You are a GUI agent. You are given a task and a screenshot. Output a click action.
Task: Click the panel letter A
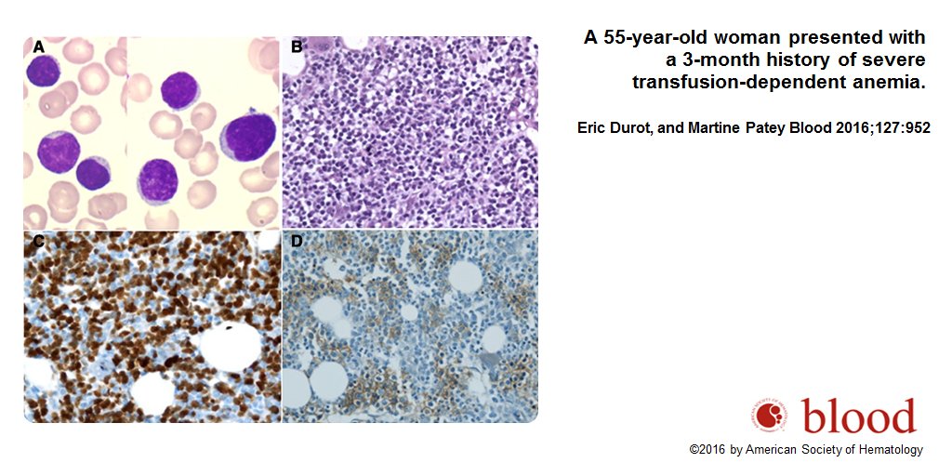[39, 47]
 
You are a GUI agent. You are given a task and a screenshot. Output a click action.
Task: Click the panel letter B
[297, 47]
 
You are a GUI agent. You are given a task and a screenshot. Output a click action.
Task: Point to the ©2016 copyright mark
[707, 450]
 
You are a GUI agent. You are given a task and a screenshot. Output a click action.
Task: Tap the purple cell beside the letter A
[43, 72]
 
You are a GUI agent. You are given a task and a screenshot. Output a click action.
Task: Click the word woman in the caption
[741, 38]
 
